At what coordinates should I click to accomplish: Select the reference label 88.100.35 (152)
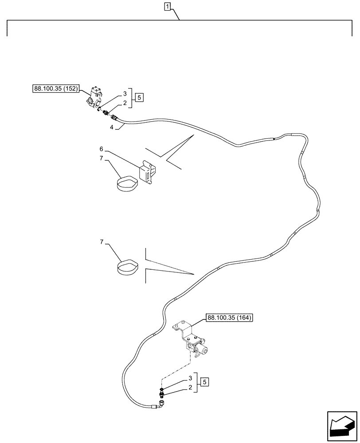tap(56, 89)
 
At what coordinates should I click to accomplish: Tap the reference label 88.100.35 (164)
tap(229, 317)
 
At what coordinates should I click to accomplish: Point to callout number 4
tap(112, 127)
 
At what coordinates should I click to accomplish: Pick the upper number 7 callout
tap(101, 158)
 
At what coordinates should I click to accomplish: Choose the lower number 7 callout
tap(101, 242)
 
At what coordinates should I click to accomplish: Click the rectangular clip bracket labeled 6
tap(147, 173)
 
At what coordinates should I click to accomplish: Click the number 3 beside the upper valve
tap(125, 94)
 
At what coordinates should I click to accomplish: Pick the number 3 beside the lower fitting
tap(190, 378)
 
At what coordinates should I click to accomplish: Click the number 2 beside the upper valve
tap(125, 103)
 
